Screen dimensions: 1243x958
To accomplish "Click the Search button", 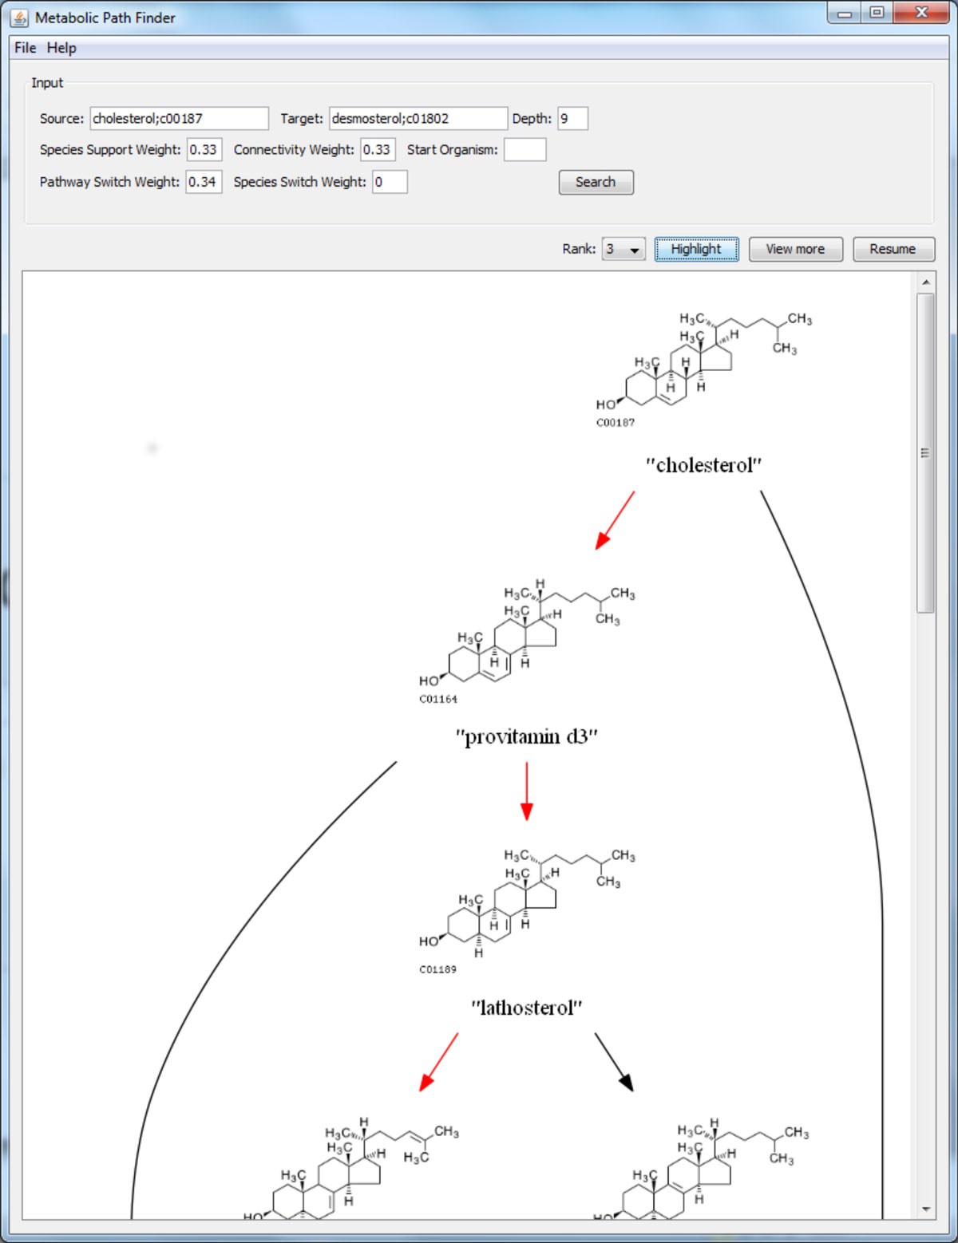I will click(596, 182).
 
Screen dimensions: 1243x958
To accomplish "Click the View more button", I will click(795, 249).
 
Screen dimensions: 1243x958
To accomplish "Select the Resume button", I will click(893, 249).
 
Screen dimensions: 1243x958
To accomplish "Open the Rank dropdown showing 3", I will click(623, 250).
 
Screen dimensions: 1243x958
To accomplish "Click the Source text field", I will click(179, 118).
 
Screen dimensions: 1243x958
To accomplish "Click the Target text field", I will click(418, 118).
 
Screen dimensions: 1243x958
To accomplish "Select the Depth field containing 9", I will click(572, 118).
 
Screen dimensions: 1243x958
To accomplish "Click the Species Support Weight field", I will click(204, 150).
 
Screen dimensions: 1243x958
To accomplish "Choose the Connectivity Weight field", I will click(378, 150).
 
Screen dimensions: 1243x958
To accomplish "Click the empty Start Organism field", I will click(525, 150).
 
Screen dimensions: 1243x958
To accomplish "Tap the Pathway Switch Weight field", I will click(204, 182).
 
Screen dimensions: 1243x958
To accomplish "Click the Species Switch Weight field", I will click(390, 182).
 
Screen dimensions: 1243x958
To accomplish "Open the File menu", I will click(25, 48).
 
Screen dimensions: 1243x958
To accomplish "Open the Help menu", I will click(61, 48).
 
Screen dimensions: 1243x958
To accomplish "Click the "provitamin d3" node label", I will click(526, 736).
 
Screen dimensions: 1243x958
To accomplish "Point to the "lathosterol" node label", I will click(526, 1008).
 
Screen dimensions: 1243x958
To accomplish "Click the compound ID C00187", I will click(615, 423).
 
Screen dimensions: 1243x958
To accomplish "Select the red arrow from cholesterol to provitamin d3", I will click(615, 520).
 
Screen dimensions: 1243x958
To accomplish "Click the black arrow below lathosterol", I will click(614, 1062).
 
